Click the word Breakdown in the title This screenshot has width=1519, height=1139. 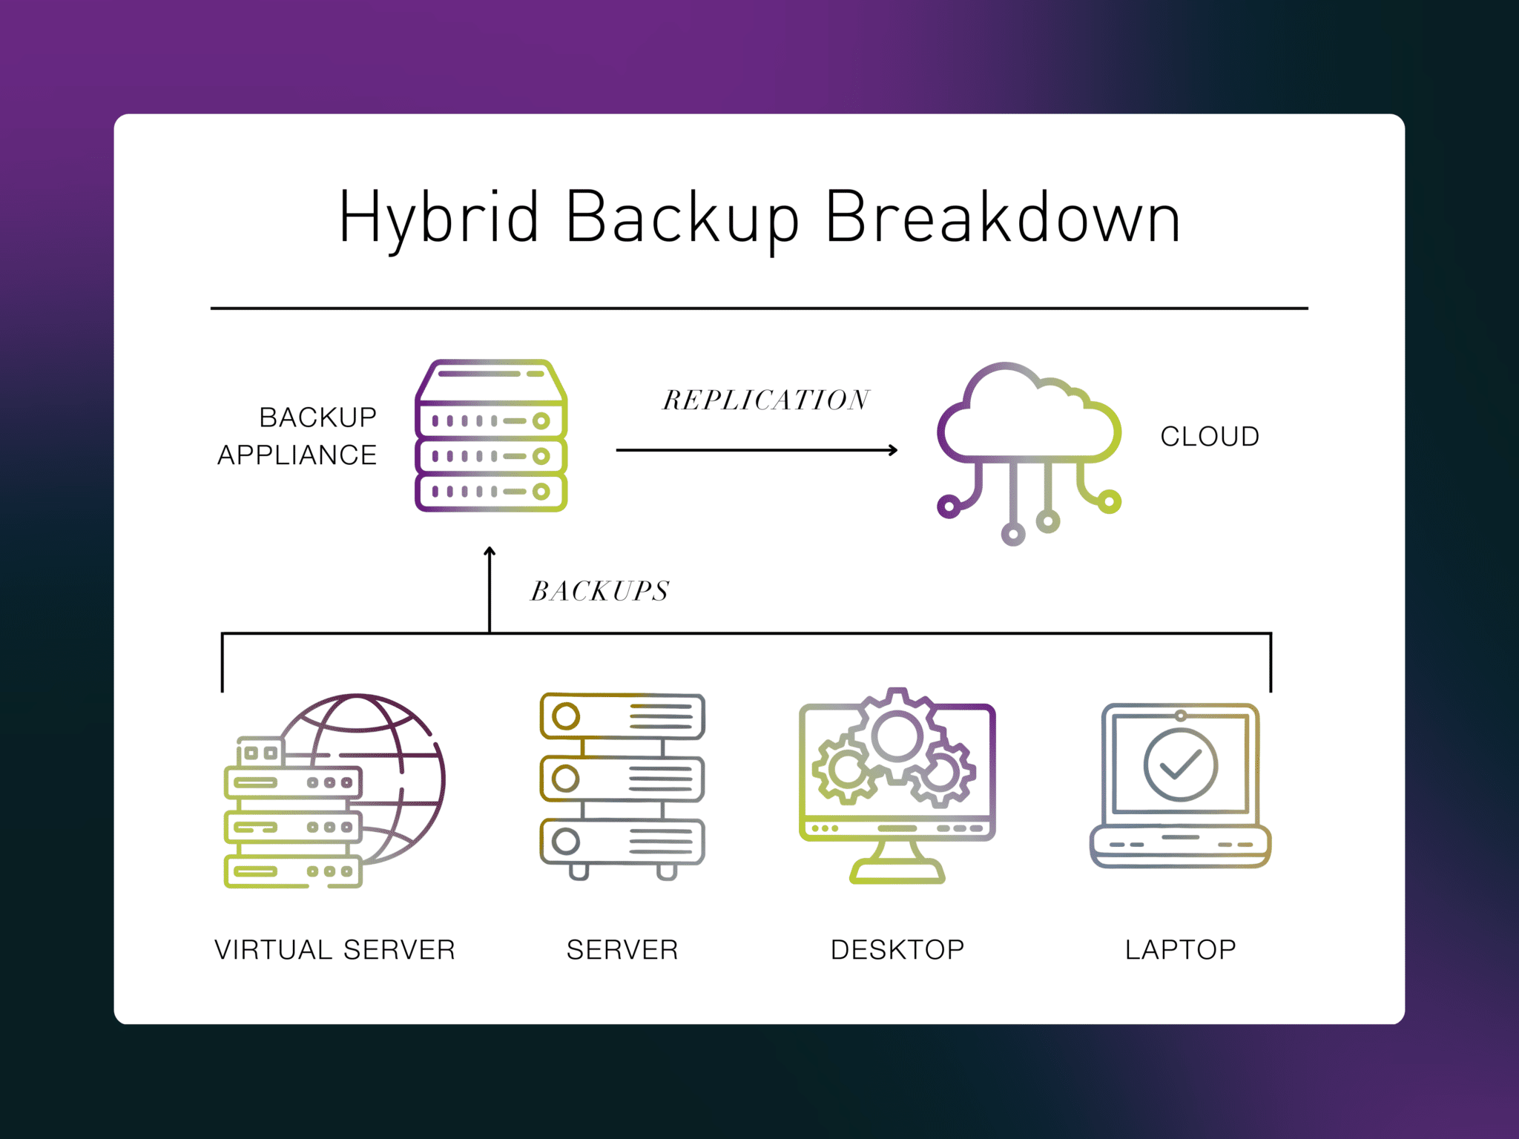(1002, 217)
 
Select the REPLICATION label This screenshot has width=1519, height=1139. (765, 400)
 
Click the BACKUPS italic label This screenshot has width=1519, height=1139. (600, 591)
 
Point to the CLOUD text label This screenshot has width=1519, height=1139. (1209, 437)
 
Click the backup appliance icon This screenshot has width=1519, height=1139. (491, 436)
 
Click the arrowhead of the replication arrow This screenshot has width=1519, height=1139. (894, 449)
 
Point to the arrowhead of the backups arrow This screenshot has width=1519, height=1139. (490, 552)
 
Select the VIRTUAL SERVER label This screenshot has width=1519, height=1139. (335, 950)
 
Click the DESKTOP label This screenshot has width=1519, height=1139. (897, 950)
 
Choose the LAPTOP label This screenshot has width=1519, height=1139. (1180, 950)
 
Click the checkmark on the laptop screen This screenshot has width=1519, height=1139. (1180, 765)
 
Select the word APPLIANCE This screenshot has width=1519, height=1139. (297, 455)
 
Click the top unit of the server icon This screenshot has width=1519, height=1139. (622, 716)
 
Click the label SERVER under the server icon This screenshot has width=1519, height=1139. (622, 950)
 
